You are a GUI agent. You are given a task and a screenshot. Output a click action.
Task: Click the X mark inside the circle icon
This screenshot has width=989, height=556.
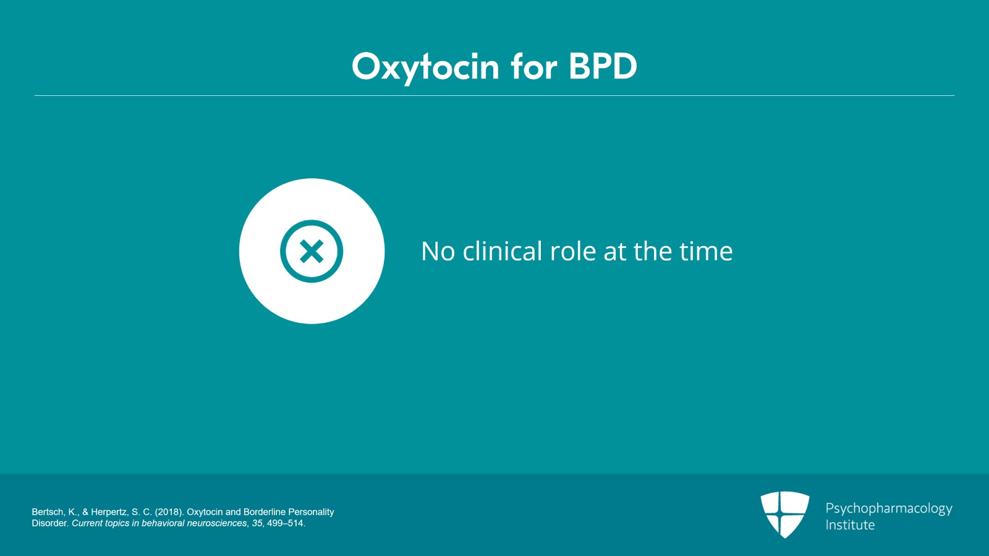(x=312, y=251)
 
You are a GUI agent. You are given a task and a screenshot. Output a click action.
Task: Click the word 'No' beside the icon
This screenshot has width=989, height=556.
(x=438, y=251)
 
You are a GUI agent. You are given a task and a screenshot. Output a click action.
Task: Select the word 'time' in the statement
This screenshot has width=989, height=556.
(x=706, y=251)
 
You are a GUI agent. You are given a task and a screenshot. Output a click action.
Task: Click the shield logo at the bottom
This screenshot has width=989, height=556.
(x=784, y=514)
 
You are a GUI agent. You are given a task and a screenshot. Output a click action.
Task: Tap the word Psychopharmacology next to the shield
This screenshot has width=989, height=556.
(x=888, y=508)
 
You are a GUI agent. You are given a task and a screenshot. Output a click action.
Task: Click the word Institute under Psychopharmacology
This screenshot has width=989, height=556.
(x=850, y=525)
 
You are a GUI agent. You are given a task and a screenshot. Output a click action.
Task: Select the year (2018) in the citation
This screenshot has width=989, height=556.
(x=169, y=512)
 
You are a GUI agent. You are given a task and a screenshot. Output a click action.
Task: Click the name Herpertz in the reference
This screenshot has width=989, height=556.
(x=111, y=512)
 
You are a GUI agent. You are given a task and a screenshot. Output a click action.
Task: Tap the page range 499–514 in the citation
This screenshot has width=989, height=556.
(x=285, y=523)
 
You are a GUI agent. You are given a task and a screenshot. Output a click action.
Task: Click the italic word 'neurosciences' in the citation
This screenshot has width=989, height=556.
(x=217, y=523)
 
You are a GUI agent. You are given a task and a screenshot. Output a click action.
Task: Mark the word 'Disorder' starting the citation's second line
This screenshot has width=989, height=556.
(x=50, y=523)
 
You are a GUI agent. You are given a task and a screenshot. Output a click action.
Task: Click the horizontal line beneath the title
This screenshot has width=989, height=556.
(x=494, y=96)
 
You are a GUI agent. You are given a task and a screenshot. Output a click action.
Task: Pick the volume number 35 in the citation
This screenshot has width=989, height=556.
(x=257, y=523)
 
